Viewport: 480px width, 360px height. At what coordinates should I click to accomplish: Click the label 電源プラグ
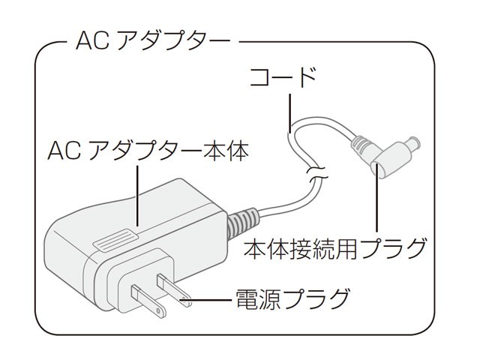pos(292,299)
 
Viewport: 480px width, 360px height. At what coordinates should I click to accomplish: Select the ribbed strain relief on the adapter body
pos(238,220)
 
